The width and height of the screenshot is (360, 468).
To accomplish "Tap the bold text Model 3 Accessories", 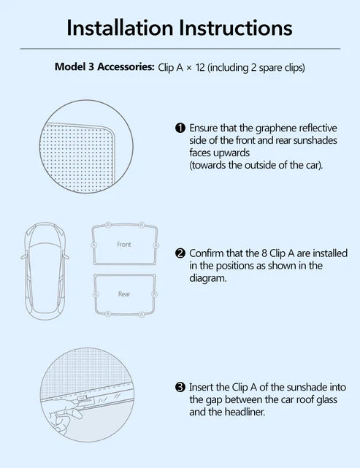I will pyautogui.click(x=104, y=67).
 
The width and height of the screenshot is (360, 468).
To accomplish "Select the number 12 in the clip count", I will pyautogui.click(x=200, y=67).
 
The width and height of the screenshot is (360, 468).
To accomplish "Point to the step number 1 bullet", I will pyautogui.click(x=180, y=128).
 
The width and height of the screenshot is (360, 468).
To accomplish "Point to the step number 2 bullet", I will pyautogui.click(x=180, y=253).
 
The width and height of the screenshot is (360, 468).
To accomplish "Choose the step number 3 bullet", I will pyautogui.click(x=180, y=388).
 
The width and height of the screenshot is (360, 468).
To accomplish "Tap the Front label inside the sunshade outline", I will pyautogui.click(x=124, y=245).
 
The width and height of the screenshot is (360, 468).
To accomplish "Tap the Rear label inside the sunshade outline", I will pyautogui.click(x=124, y=294).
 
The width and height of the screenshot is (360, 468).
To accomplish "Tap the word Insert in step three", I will pyautogui.click(x=202, y=388).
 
